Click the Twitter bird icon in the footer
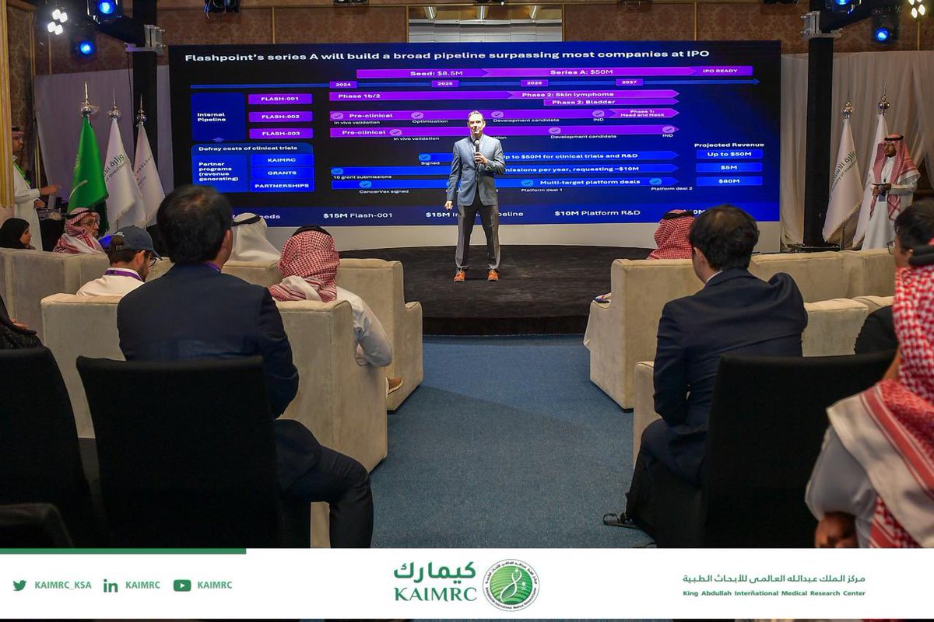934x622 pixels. pyautogui.click(x=19, y=585)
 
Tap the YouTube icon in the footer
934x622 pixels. pyautogui.click(x=181, y=585)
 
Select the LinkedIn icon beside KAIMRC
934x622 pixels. pyautogui.click(x=111, y=585)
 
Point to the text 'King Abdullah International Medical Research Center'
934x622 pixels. pyautogui.click(x=774, y=593)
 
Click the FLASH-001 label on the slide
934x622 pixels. pyautogui.click(x=280, y=99)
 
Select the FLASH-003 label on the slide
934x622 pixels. pyautogui.click(x=280, y=133)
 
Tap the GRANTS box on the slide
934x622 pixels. pyautogui.click(x=282, y=173)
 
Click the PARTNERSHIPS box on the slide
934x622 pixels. pyautogui.click(x=282, y=186)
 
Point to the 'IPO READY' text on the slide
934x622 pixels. pyautogui.click(x=719, y=71)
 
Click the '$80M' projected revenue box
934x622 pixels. pyautogui.click(x=729, y=181)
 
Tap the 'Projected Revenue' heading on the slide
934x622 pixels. pyautogui.click(x=729, y=145)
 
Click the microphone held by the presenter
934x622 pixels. pyautogui.click(x=476, y=145)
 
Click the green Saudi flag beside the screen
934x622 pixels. pyautogui.click(x=87, y=167)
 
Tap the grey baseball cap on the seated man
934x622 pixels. pyautogui.click(x=132, y=239)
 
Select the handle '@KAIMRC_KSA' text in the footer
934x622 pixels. pyautogui.click(x=62, y=585)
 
